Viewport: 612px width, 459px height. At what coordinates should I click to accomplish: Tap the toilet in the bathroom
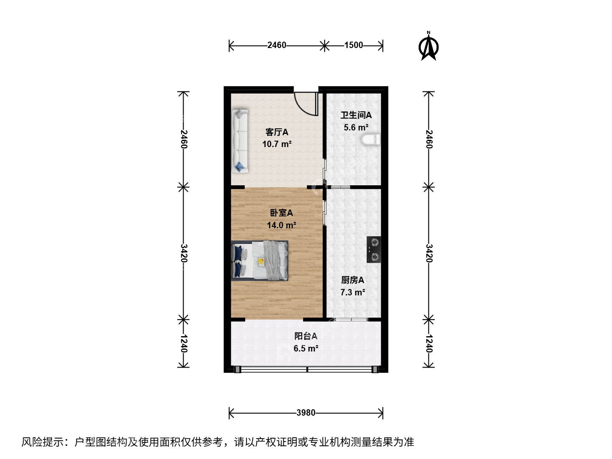[x=371, y=139]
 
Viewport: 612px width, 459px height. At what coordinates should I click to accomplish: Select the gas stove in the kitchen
[x=374, y=249]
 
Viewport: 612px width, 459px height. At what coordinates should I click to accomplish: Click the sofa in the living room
[x=240, y=141]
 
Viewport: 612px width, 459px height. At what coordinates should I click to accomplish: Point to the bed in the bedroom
[x=260, y=260]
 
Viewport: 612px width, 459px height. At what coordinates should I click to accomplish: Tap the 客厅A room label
[x=277, y=132]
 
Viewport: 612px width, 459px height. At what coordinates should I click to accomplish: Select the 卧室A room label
[x=281, y=213]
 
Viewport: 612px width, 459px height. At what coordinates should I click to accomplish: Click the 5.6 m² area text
[x=356, y=127]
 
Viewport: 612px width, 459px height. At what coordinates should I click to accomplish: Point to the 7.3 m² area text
[x=353, y=292]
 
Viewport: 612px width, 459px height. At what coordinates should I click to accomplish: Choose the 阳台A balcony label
[x=306, y=336]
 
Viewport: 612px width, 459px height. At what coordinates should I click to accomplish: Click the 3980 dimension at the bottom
[x=306, y=412]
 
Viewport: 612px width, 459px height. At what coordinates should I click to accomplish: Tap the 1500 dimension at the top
[x=354, y=45]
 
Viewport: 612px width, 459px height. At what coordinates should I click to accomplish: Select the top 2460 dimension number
[x=277, y=45]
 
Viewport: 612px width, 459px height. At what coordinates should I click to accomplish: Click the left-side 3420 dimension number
[x=184, y=253]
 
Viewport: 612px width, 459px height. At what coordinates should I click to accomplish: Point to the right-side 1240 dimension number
[x=429, y=344]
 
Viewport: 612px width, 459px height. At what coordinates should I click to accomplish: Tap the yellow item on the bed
[x=261, y=262]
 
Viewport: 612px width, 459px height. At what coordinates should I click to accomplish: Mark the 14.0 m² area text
[x=281, y=225]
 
